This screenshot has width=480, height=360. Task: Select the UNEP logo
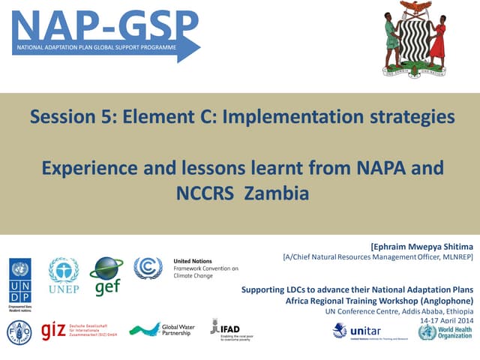coord(63,274)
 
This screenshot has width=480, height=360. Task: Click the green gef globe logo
coord(106,275)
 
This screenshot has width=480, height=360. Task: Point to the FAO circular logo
coord(19,331)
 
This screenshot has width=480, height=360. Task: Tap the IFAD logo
coord(226,328)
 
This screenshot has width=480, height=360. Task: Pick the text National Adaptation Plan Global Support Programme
coord(91,48)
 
